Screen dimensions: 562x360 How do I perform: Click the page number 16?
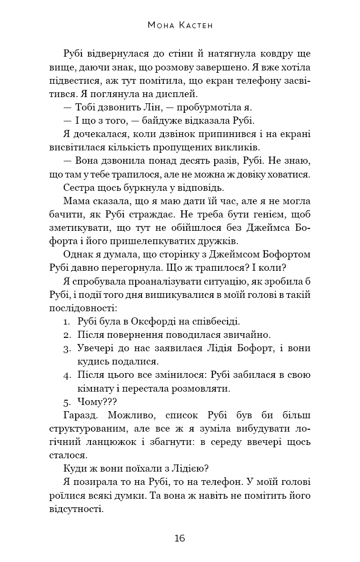tap(180, 538)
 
